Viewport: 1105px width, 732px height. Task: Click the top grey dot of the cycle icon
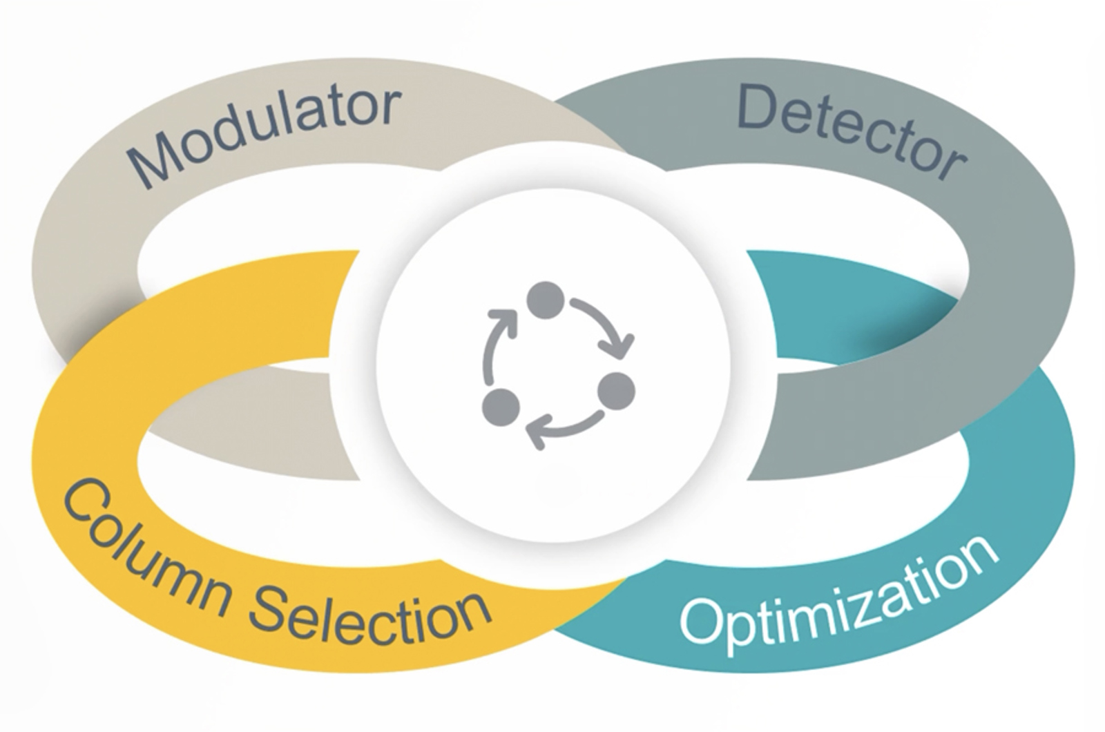[x=546, y=300]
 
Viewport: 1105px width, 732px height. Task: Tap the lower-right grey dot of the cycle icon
[x=615, y=392]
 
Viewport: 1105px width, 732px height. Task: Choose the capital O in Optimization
[x=702, y=622]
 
